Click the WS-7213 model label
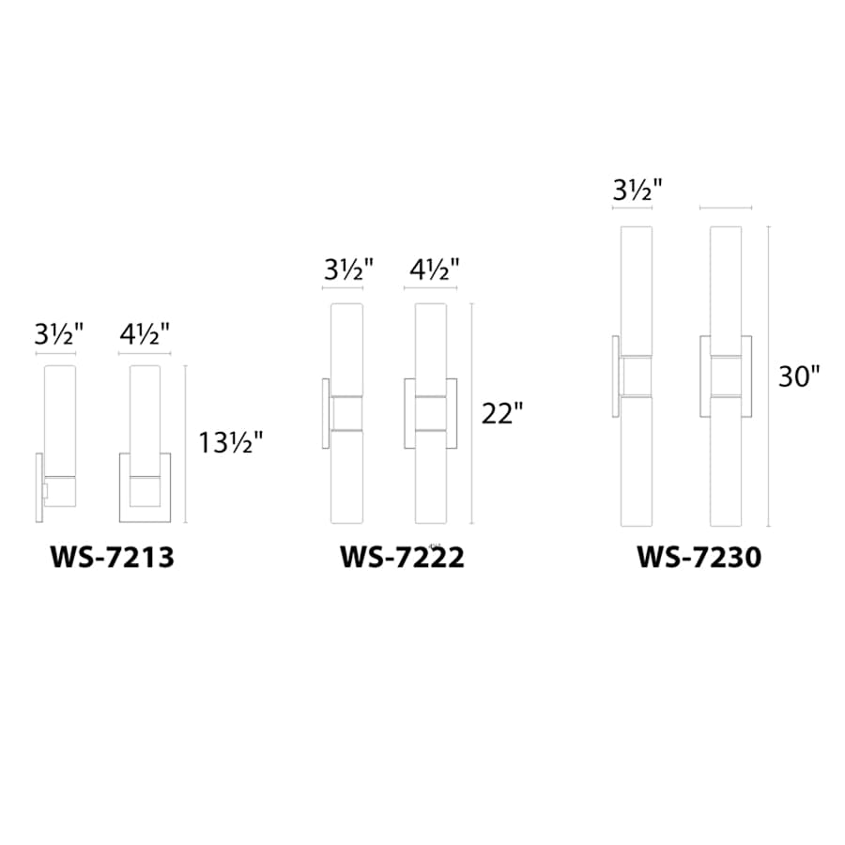(x=112, y=558)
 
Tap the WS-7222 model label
(x=402, y=558)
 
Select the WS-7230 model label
(x=699, y=558)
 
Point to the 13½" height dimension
(x=231, y=441)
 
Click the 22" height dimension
(x=500, y=413)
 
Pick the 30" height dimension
(x=799, y=376)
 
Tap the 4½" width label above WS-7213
(x=145, y=333)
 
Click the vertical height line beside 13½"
(x=186, y=443)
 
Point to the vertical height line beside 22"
(x=472, y=413)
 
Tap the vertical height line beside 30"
(x=769, y=376)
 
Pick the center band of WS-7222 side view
(x=346, y=413)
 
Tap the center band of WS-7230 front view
(x=726, y=376)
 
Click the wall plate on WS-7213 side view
(x=39, y=488)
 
